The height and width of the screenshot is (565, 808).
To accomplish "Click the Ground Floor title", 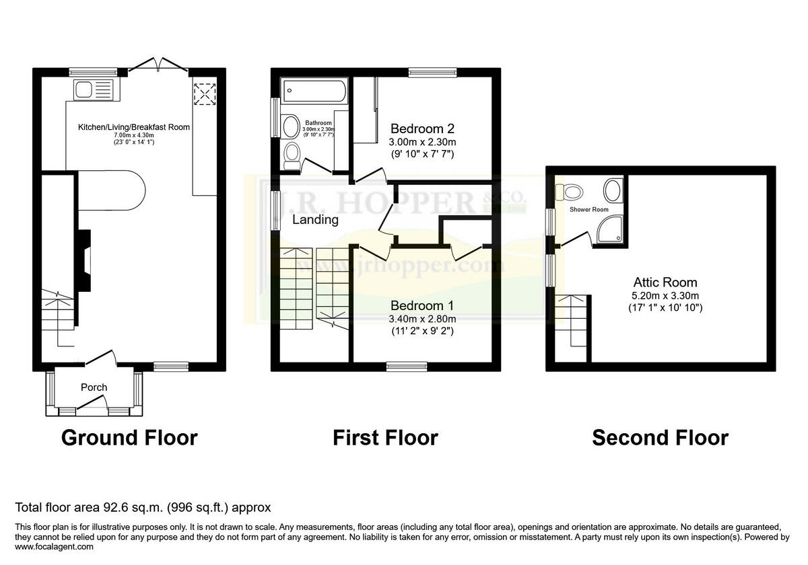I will point(129,438).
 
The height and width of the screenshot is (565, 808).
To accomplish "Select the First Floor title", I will point(385,438).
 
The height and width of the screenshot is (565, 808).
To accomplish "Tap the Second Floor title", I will point(660,438).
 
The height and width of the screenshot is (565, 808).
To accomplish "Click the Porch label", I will point(94,387).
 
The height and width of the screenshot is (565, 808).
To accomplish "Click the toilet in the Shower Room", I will point(572,192).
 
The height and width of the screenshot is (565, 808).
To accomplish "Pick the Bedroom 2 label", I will point(423,128).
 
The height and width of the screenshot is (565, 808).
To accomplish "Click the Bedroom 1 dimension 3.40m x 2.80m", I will point(423,319).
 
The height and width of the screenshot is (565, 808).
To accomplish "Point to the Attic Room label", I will point(665,282).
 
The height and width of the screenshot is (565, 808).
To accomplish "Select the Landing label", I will point(315,220).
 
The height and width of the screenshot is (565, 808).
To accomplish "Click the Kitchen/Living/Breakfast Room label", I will point(134,127).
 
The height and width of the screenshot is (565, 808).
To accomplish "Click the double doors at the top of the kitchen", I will point(158,65).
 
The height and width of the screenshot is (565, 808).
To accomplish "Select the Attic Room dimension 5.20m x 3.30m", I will point(665,296).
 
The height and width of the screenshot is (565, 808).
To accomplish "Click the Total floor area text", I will point(143,507).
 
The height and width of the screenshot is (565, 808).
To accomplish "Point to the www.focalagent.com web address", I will point(55,548).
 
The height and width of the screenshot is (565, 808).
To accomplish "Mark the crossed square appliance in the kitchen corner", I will point(203,94).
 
